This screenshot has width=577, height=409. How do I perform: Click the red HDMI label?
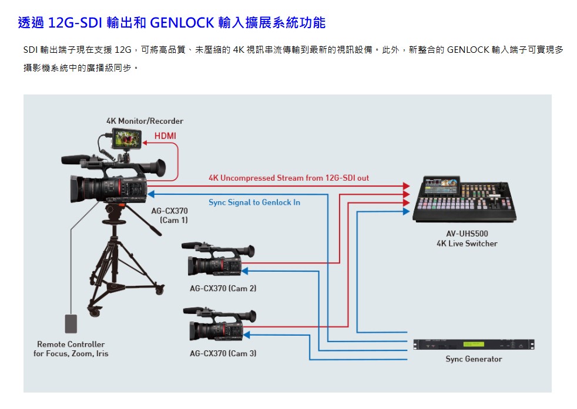165,136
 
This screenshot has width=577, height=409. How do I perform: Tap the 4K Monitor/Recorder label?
145,121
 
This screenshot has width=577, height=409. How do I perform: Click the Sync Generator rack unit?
473,344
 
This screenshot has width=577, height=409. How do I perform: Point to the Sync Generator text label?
474,359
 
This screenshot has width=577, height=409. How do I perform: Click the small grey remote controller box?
71,323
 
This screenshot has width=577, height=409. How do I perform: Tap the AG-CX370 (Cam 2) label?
223,289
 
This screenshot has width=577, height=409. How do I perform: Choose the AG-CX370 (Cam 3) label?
223,353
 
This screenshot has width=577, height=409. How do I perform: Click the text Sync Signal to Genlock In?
254,202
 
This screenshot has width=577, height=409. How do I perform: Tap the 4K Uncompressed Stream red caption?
288,178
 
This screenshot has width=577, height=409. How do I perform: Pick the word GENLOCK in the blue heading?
182,23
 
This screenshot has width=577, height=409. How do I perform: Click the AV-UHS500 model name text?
467,234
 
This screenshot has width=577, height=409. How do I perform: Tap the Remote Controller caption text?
71,344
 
